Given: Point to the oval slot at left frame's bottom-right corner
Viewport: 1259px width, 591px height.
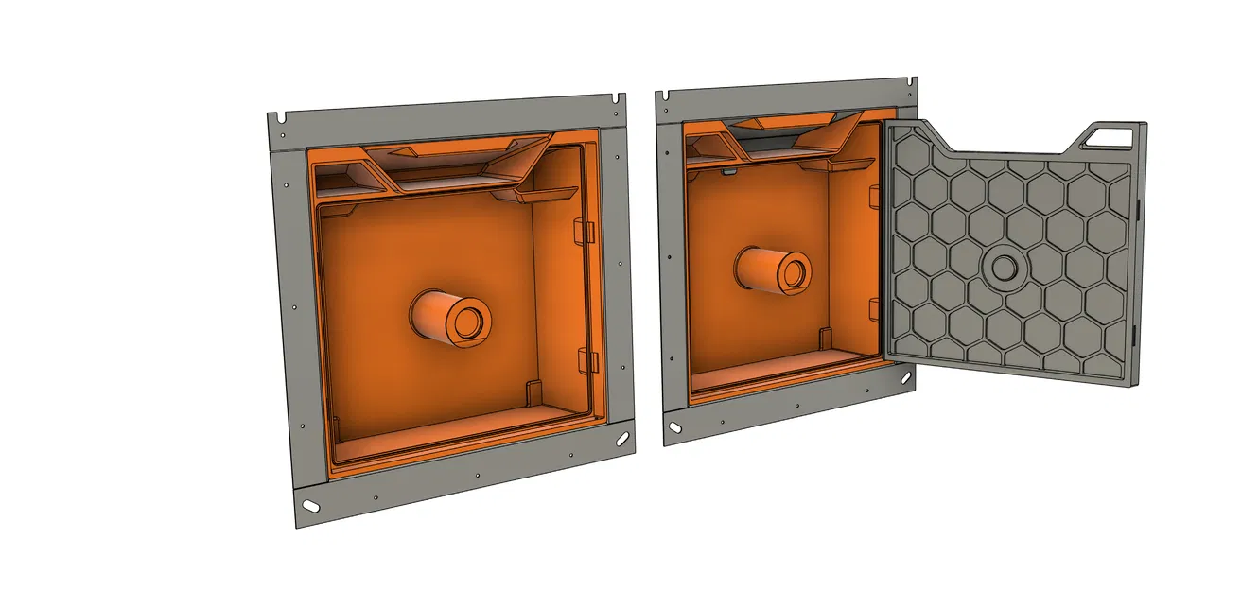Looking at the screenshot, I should pos(621,439).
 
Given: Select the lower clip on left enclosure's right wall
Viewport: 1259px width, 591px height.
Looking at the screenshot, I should pos(586,358).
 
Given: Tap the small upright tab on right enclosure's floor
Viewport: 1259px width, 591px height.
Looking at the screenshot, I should pos(826,337).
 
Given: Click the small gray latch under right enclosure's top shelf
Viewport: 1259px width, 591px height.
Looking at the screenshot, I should pos(728,172).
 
